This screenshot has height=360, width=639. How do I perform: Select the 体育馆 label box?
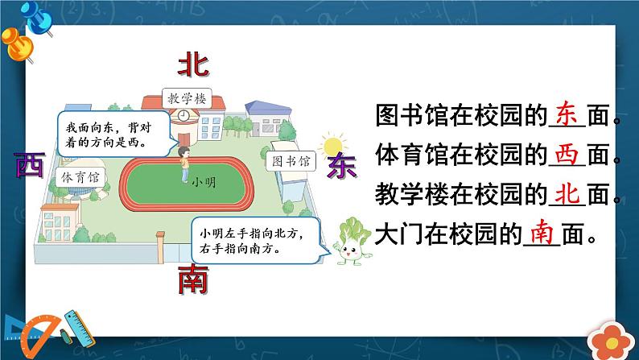(78, 176)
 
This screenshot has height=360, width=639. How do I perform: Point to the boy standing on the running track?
(183, 163)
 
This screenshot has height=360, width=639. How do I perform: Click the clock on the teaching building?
(183, 116)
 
